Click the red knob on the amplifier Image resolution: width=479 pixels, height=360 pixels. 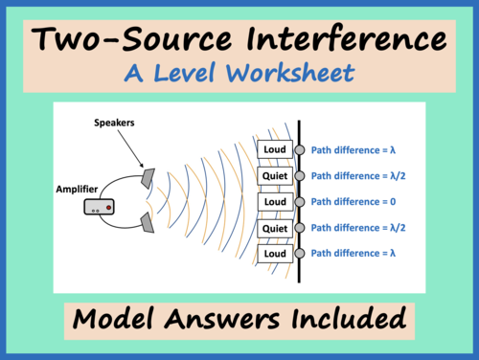(110, 206)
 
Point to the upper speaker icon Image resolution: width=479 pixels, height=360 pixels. (146, 178)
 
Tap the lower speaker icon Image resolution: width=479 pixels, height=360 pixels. (146, 223)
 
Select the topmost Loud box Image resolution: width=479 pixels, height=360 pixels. (274, 149)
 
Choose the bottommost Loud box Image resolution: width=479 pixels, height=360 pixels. (274, 254)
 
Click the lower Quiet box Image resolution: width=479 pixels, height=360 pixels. (274, 228)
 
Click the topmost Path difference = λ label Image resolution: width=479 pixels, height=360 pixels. (352, 149)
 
